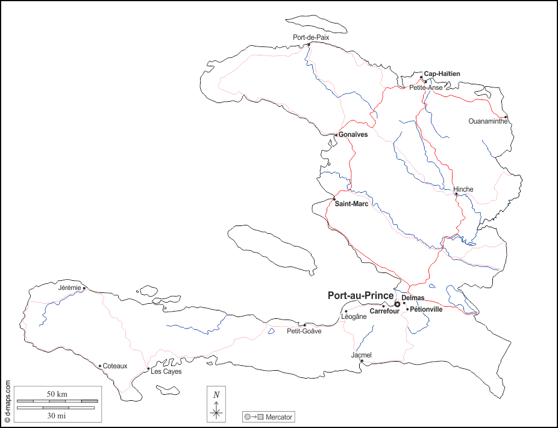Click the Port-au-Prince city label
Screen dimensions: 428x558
(360, 296)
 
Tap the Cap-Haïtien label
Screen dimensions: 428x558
(442, 74)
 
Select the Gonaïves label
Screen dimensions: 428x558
(353, 134)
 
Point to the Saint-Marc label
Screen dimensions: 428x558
(352, 204)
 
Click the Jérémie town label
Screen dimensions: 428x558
(69, 288)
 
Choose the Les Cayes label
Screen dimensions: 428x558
(166, 371)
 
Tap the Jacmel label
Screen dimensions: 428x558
(361, 355)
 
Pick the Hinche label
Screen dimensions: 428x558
(463, 189)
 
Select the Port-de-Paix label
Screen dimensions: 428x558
(311, 37)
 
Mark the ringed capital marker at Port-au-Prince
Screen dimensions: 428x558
(397, 304)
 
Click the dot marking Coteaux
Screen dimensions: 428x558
(100, 365)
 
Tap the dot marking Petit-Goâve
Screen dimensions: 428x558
(305, 325)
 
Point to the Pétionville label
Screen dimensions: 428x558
(426, 309)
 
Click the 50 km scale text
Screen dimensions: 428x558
(57, 394)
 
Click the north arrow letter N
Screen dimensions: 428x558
(216, 394)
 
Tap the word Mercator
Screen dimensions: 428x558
(279, 417)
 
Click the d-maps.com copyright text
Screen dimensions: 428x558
(7, 401)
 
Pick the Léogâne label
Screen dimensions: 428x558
(354, 317)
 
